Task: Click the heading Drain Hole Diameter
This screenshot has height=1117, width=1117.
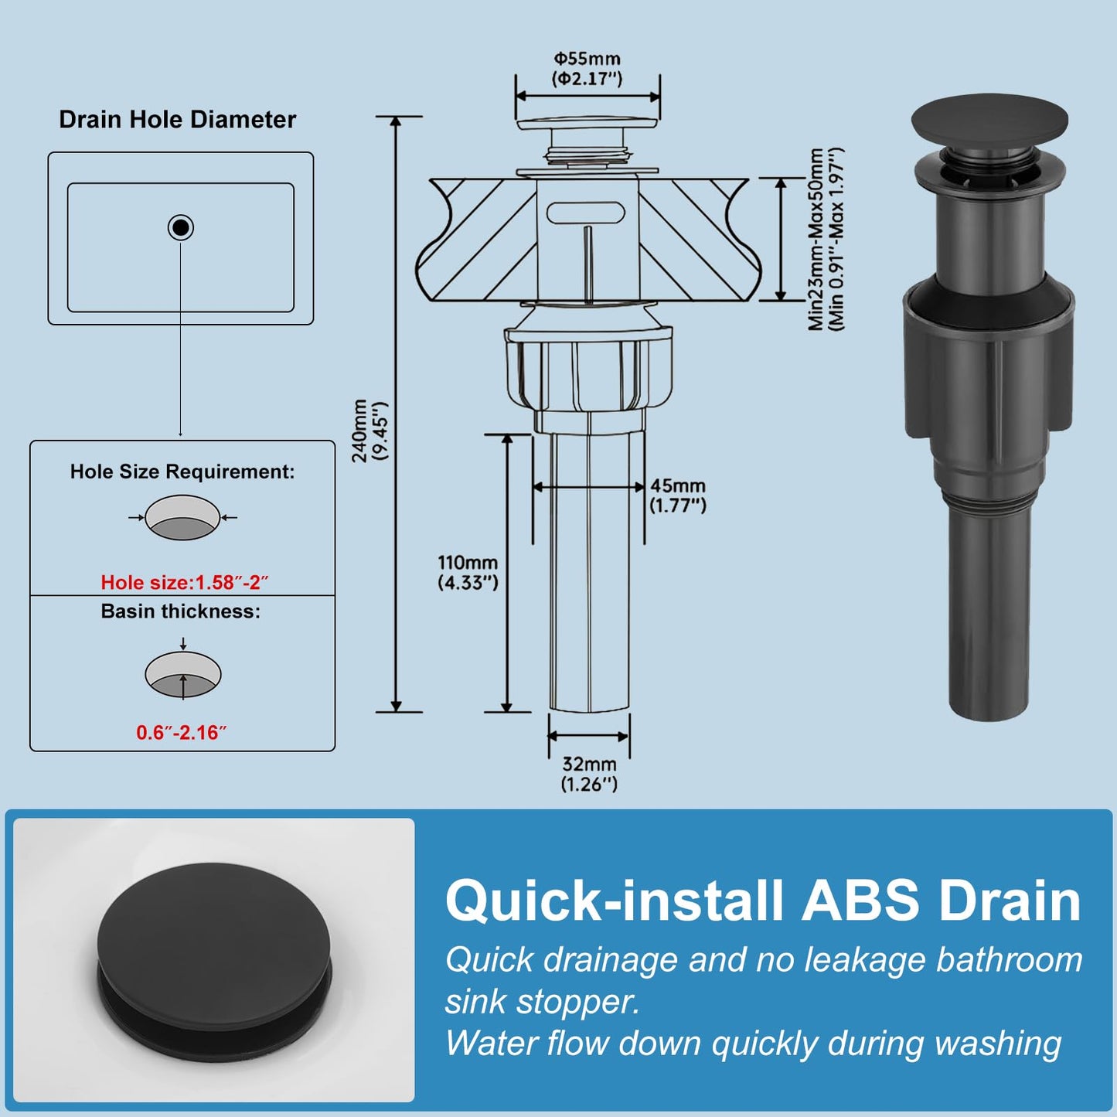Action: (177, 119)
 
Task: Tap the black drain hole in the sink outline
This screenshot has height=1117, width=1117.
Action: (180, 227)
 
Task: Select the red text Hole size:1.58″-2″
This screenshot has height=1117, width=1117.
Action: (185, 582)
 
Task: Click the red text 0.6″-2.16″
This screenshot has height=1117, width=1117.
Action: (181, 732)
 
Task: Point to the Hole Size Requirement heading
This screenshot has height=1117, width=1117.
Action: (182, 472)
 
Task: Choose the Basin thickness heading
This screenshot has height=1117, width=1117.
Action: (181, 611)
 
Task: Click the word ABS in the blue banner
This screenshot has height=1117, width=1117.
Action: (861, 900)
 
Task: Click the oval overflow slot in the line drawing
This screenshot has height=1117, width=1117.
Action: (587, 213)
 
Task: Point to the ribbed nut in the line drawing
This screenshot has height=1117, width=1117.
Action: (588, 372)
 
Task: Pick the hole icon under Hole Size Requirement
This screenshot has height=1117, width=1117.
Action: (182, 517)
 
